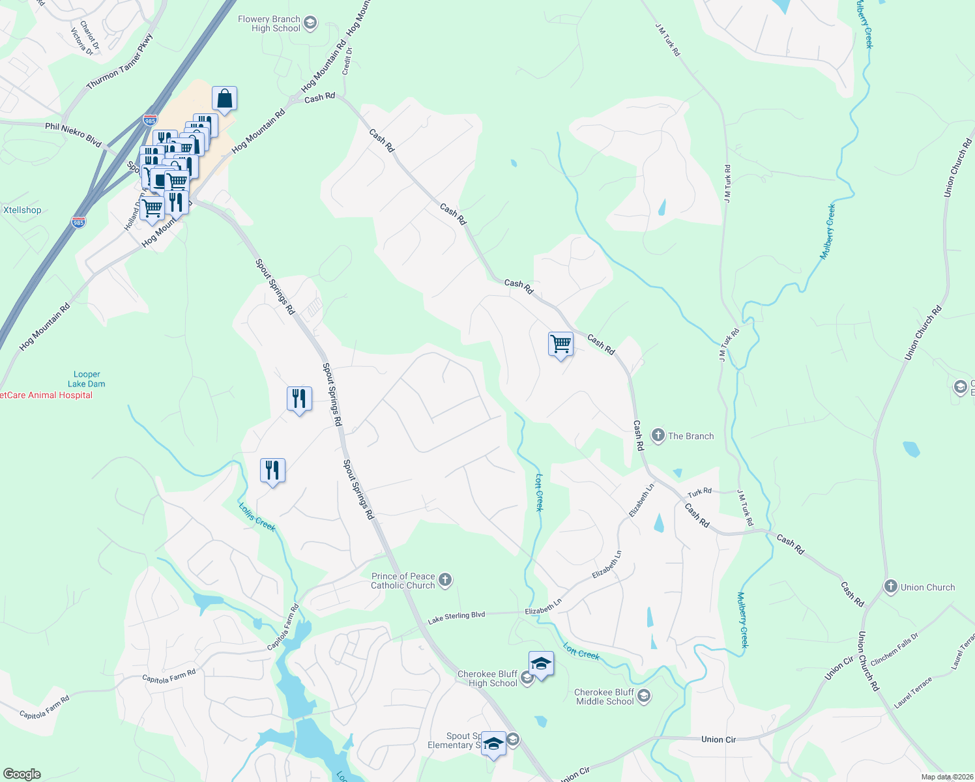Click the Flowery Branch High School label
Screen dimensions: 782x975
tap(269, 23)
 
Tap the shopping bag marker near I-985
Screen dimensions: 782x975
tap(224, 99)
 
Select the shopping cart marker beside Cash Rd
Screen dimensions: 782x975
tap(560, 343)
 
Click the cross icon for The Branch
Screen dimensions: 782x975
tap(658, 435)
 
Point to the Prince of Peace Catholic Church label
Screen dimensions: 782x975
tap(403, 581)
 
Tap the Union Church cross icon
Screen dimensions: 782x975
tap(890, 586)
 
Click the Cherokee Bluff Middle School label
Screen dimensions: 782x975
tap(604, 697)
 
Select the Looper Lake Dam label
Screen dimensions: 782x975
tap(87, 379)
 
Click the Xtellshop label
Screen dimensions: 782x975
tap(22, 210)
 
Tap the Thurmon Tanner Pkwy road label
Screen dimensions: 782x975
tap(120, 62)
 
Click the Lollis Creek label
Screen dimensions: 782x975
tap(257, 517)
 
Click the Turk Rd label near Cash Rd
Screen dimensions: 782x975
tap(699, 492)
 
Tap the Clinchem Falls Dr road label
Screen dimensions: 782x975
tap(894, 649)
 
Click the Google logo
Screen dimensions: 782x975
tap(22, 774)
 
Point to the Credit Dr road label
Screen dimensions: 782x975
tap(347, 60)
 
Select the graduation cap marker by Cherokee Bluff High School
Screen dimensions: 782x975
tap(541, 665)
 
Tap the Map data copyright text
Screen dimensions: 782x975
tap(946, 777)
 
